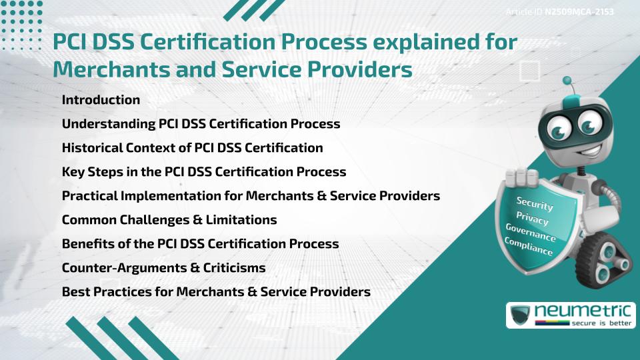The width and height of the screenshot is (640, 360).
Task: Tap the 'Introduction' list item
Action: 101,100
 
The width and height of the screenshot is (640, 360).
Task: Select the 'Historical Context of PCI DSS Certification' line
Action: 192,148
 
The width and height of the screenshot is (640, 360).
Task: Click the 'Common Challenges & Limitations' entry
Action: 169,220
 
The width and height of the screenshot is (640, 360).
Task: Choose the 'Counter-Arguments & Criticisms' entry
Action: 163,268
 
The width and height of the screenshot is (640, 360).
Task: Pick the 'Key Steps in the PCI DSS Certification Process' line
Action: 203,172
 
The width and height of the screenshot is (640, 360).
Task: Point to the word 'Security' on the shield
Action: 535,204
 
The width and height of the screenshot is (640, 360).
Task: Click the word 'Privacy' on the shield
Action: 533,219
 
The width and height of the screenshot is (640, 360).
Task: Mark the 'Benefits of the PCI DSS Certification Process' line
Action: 200,244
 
